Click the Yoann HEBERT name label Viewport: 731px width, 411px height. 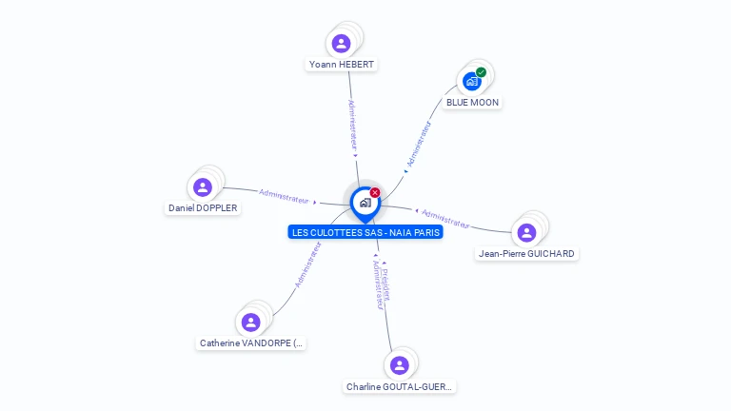pos(342,65)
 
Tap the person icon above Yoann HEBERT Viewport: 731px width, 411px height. pos(341,43)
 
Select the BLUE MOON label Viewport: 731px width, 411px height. pos(472,102)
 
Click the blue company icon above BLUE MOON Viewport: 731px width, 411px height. pos(471,81)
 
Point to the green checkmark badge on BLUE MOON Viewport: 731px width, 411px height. pos(482,72)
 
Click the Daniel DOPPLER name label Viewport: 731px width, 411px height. pos(203,207)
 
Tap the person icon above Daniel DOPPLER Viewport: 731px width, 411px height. pos(202,186)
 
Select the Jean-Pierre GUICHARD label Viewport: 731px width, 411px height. pos(526,254)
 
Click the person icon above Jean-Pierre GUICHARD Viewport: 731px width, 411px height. pos(526,232)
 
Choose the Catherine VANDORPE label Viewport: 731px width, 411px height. pos(251,342)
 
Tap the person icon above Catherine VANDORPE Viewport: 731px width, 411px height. pos(250,322)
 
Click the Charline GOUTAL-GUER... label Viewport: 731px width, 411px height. pos(400,387)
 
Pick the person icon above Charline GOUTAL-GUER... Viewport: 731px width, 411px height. pos(399,365)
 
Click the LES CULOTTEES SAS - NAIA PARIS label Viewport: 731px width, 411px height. pos(365,232)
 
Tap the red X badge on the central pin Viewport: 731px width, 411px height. pos(375,193)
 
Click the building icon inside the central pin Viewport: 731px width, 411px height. pos(365,202)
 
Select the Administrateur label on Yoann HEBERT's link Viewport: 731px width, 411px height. pos(352,124)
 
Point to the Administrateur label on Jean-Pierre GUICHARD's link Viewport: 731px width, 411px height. pos(446,219)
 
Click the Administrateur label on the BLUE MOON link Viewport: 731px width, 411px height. pos(419,144)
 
